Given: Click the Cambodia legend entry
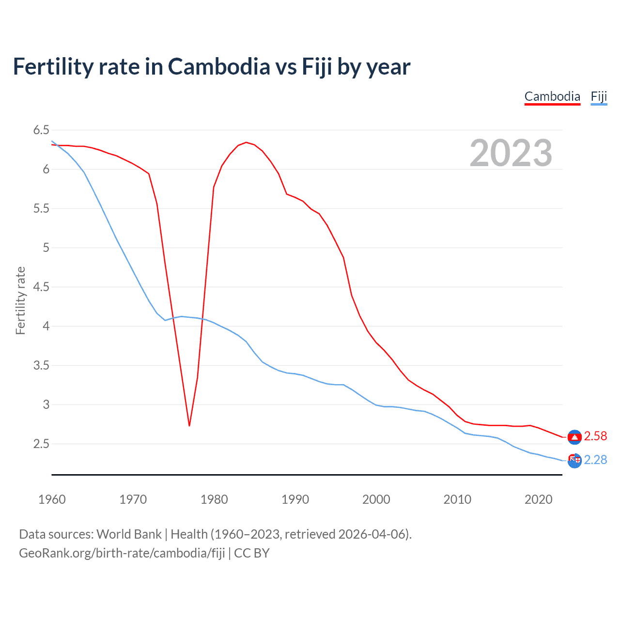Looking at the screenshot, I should click(x=552, y=96).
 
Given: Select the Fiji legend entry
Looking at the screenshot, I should click(x=599, y=96).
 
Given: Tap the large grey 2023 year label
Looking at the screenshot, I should click(x=511, y=153).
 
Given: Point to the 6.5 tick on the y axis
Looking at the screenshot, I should click(x=41, y=130).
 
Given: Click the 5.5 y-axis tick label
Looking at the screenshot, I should click(x=41, y=208).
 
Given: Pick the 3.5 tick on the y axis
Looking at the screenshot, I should click(x=41, y=365).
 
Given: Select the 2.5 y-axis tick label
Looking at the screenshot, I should click(x=41, y=444).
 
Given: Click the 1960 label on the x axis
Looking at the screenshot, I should click(x=52, y=499).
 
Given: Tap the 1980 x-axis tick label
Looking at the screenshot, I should click(x=214, y=499).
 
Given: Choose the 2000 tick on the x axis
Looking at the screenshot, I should click(x=376, y=499).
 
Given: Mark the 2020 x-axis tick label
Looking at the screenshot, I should click(x=538, y=499).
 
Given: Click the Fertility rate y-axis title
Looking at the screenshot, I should click(x=20, y=300).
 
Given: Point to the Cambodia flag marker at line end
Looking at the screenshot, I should click(x=574, y=437).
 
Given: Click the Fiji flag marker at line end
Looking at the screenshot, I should click(x=574, y=461).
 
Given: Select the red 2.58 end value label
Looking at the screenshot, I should click(x=595, y=436).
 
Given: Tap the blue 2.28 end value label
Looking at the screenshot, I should click(x=595, y=460).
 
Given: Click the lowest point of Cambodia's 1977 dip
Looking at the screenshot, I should click(x=189, y=425).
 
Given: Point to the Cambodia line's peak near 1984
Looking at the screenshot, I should click(x=246, y=142).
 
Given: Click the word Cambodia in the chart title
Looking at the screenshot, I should click(x=219, y=66).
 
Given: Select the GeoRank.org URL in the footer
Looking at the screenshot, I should click(x=122, y=553).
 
